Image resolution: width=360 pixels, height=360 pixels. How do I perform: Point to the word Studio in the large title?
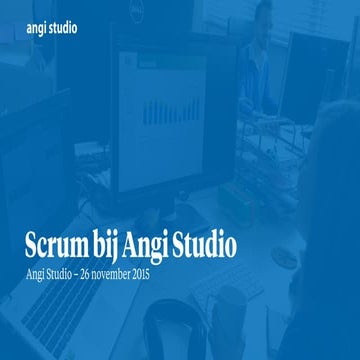pyautogui.click(x=217, y=243)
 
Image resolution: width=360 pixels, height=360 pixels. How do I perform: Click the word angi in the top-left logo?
pyautogui.click(x=38, y=28)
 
